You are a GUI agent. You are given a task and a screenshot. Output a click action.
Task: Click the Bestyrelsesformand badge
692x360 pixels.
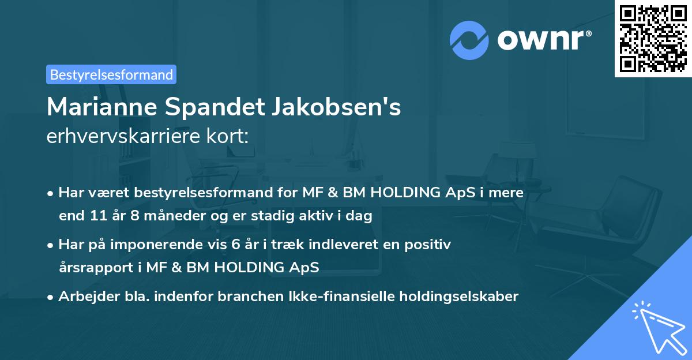tap(111, 74)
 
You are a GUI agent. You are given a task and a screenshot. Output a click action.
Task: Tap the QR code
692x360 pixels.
tap(652, 39)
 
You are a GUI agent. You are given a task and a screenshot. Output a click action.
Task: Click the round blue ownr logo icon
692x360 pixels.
tap(469, 40)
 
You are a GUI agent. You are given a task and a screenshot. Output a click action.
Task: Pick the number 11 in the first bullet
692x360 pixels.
tap(97, 216)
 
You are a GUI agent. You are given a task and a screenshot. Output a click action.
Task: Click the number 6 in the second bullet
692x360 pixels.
tap(235, 245)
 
